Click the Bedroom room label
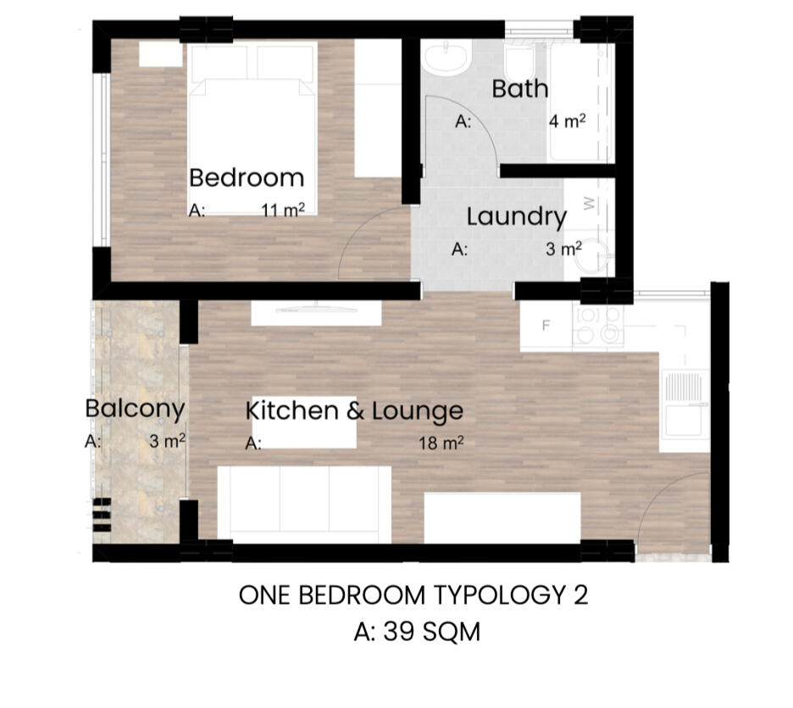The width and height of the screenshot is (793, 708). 247,177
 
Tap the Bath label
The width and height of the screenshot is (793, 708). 520,89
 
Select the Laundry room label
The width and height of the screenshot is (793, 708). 516,218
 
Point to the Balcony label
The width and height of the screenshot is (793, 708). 135,410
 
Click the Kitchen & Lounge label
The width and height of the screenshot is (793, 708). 354,411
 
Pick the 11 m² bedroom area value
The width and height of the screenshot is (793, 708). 283,210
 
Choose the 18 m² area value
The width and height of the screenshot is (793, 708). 441,443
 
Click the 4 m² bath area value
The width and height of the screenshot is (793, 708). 568,121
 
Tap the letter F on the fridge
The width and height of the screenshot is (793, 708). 546,326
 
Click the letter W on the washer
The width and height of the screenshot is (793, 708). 589,203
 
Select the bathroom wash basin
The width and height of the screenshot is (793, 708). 446,57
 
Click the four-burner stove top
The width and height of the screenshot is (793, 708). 598,326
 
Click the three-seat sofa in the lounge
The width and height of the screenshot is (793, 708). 304,505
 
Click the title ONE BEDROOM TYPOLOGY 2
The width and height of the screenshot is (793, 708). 413,595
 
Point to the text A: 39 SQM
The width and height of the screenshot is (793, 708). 417,632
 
